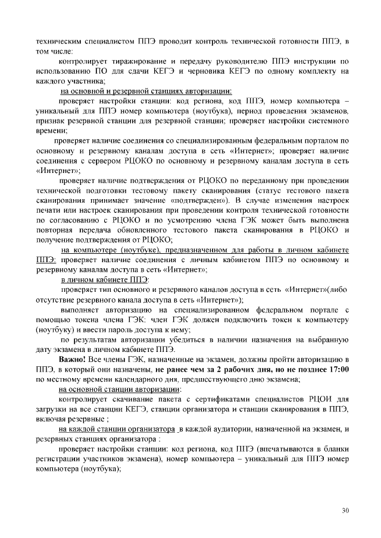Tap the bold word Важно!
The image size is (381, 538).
(72, 360)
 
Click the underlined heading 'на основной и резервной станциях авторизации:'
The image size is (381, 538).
(146, 91)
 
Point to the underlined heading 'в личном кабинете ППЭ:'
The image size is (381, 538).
(105, 279)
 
